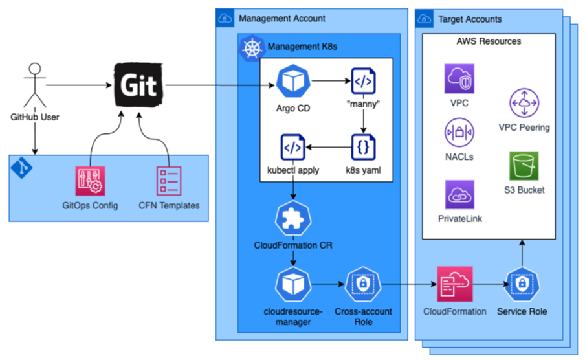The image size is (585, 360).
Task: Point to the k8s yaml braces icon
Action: click(363, 148)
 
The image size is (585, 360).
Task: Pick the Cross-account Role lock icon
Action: click(363, 283)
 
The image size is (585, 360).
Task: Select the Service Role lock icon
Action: click(522, 283)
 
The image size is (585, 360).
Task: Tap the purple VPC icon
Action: click(459, 79)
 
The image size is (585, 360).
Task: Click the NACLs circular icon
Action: click(459, 133)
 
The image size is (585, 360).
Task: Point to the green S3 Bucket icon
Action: click(524, 167)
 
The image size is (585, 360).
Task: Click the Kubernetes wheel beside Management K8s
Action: click(252, 47)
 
